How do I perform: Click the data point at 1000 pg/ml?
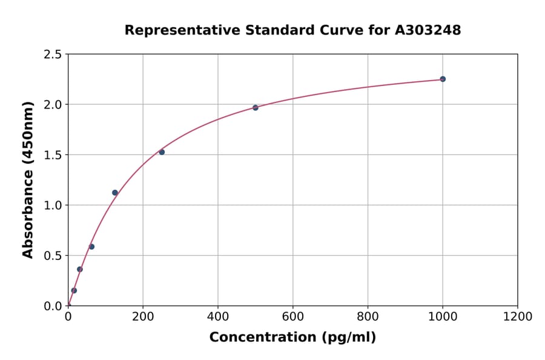coord(443,79)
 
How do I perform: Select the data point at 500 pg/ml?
coord(256,107)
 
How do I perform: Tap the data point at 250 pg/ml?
coord(162,152)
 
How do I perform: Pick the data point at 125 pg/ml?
coord(115,193)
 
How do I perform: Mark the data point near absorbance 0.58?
coord(91,247)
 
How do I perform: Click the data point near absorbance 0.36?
coord(80,269)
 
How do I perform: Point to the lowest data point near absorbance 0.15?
coord(74,290)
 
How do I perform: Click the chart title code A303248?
coord(428,30)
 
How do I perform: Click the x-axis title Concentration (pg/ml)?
coord(292,337)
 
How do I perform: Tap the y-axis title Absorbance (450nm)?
coord(28,180)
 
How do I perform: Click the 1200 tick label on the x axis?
coord(517,317)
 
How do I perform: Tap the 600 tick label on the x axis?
coord(292,317)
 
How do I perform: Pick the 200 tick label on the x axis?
coord(143,317)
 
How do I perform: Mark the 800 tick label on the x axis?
coord(368,317)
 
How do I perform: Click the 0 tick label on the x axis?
coord(68,317)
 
